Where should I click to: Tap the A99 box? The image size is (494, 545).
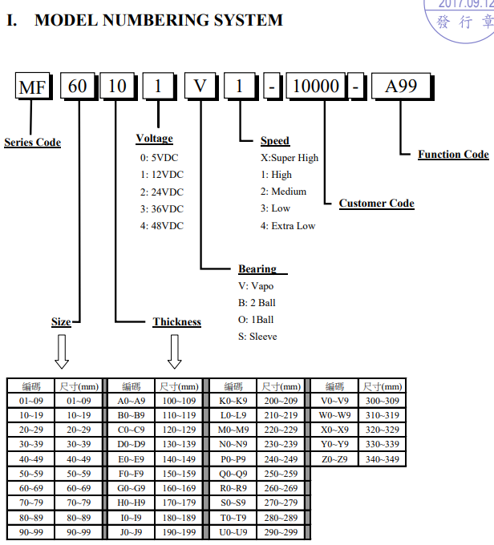(401, 86)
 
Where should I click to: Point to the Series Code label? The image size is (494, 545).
(32, 143)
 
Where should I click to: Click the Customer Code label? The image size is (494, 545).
(376, 204)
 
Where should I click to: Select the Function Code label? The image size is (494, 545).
(452, 154)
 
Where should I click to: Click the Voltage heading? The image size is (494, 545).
(154, 139)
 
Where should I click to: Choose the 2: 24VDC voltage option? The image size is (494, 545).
(161, 192)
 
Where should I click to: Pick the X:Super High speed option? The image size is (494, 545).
(289, 158)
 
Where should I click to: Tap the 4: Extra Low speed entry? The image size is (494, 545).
(287, 226)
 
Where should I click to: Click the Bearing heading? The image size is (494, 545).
(257, 269)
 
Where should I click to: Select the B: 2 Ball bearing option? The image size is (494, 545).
(257, 303)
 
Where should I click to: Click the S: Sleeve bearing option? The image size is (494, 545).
(257, 337)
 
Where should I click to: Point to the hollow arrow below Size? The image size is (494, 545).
(62, 350)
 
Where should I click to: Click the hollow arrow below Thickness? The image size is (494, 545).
(175, 350)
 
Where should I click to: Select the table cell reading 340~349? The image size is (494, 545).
(381, 459)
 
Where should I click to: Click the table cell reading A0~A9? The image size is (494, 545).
(131, 401)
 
